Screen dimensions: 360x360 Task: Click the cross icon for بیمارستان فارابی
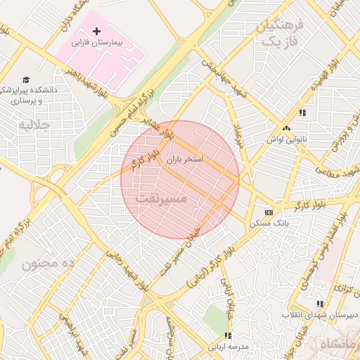point(97,32)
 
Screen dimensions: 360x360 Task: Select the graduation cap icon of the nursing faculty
point(26,80)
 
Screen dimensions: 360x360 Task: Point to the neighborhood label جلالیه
point(34,126)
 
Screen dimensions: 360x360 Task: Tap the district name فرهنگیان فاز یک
point(281,34)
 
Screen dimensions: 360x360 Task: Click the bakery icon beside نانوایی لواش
point(285,129)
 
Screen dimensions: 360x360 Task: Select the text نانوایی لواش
point(284,139)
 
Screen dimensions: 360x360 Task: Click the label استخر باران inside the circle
point(184,160)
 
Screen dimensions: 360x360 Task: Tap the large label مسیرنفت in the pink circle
point(161,200)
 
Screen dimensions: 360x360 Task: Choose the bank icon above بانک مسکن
point(269,212)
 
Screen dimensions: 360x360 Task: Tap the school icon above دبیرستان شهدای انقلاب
point(320,304)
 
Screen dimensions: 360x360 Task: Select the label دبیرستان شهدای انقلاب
point(321,315)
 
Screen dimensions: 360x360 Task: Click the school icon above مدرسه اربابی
point(227,335)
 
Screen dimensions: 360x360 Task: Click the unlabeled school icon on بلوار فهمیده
point(302,112)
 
